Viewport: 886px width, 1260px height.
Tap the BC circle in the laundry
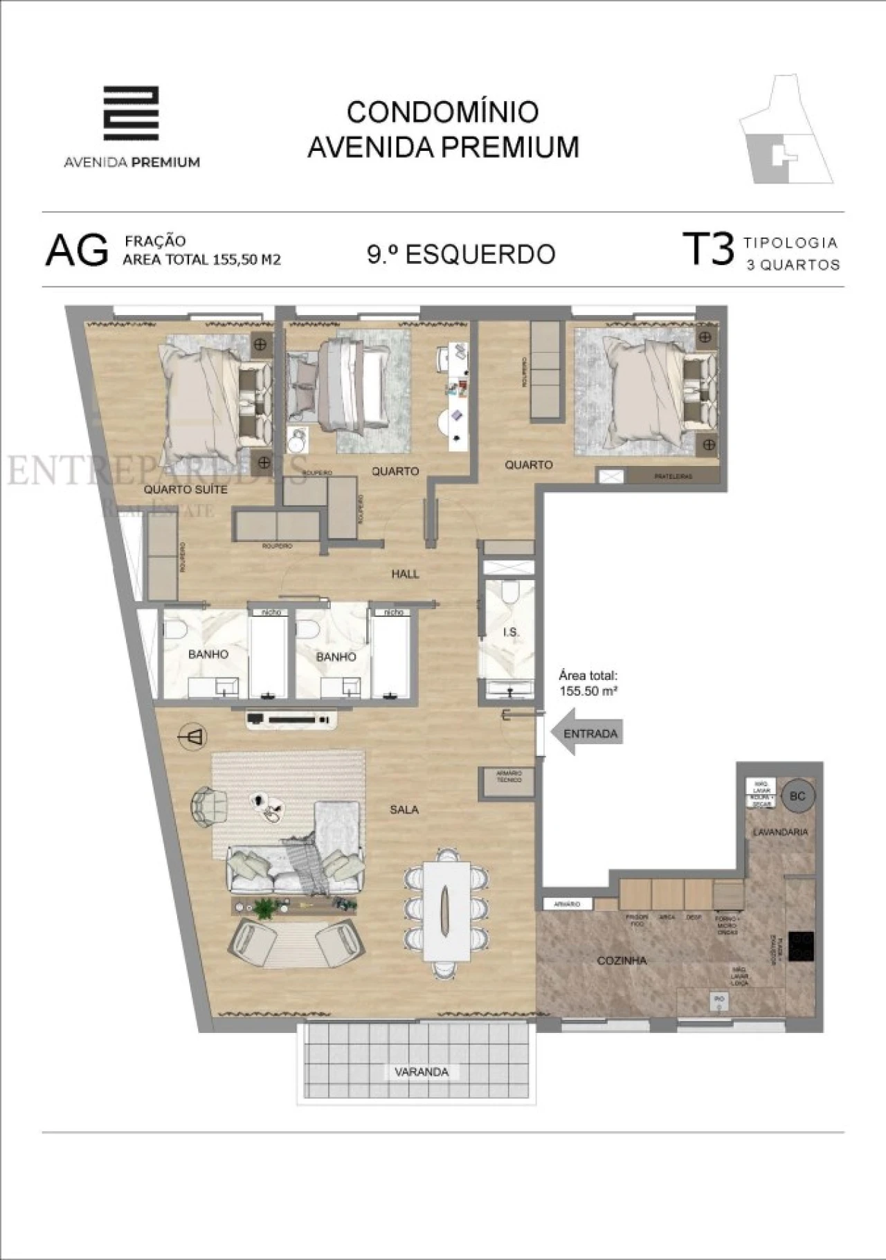(797, 796)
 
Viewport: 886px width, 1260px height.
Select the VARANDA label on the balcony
(421, 1072)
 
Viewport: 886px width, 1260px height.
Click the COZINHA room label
(622, 960)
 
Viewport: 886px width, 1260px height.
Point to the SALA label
(404, 809)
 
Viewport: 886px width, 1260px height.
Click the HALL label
(405, 574)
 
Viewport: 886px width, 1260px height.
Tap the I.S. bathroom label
(511, 632)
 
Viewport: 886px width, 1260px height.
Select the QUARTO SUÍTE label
(186, 489)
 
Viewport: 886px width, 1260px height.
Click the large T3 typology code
(707, 249)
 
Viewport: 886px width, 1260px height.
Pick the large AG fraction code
(77, 251)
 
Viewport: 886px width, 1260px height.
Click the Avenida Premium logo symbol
(131, 114)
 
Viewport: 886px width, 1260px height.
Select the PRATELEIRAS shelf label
(673, 476)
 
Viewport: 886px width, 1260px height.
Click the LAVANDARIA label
(780, 832)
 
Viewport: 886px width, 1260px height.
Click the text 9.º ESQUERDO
(461, 254)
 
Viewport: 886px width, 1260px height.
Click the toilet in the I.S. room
(510, 593)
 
